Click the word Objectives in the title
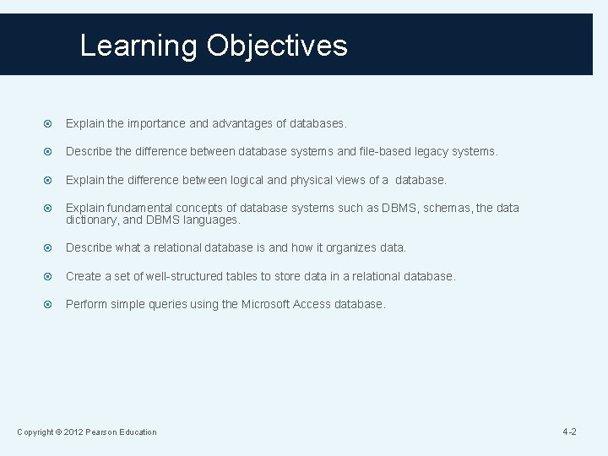click(288, 46)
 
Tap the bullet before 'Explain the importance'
click(49, 123)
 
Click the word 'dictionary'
click(93, 220)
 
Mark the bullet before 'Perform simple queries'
click(49, 304)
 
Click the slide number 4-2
click(569, 432)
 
